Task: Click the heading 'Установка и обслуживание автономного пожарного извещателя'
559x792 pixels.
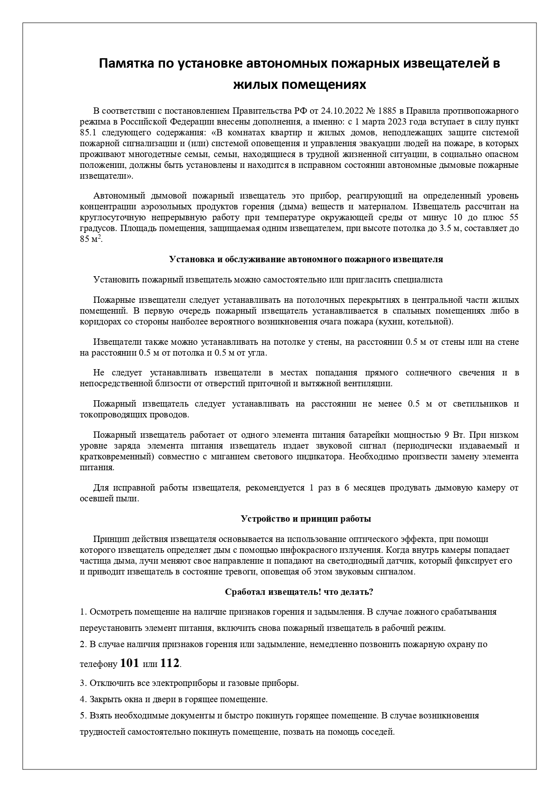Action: pyautogui.click(x=306, y=259)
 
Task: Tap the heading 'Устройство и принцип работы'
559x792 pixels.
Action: pyautogui.click(x=306, y=519)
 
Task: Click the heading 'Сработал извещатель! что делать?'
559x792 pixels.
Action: pyautogui.click(x=298, y=591)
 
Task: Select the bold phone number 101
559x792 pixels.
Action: pyautogui.click(x=130, y=663)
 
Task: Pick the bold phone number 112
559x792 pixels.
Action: pyautogui.click(x=170, y=663)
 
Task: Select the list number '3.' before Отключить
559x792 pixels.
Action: pyautogui.click(x=83, y=683)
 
